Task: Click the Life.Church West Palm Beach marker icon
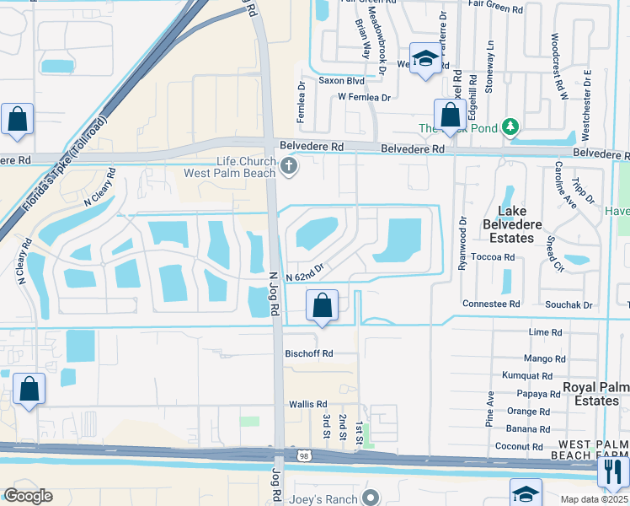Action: [289, 166]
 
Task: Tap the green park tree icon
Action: [509, 127]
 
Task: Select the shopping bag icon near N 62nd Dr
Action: [322, 305]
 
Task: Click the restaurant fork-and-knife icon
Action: [613, 471]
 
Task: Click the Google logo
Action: [28, 496]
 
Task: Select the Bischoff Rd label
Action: [309, 353]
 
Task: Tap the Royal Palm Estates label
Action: [595, 394]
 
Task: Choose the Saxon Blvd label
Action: [341, 81]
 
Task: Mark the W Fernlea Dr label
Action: [365, 98]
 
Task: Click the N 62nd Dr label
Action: [305, 276]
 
